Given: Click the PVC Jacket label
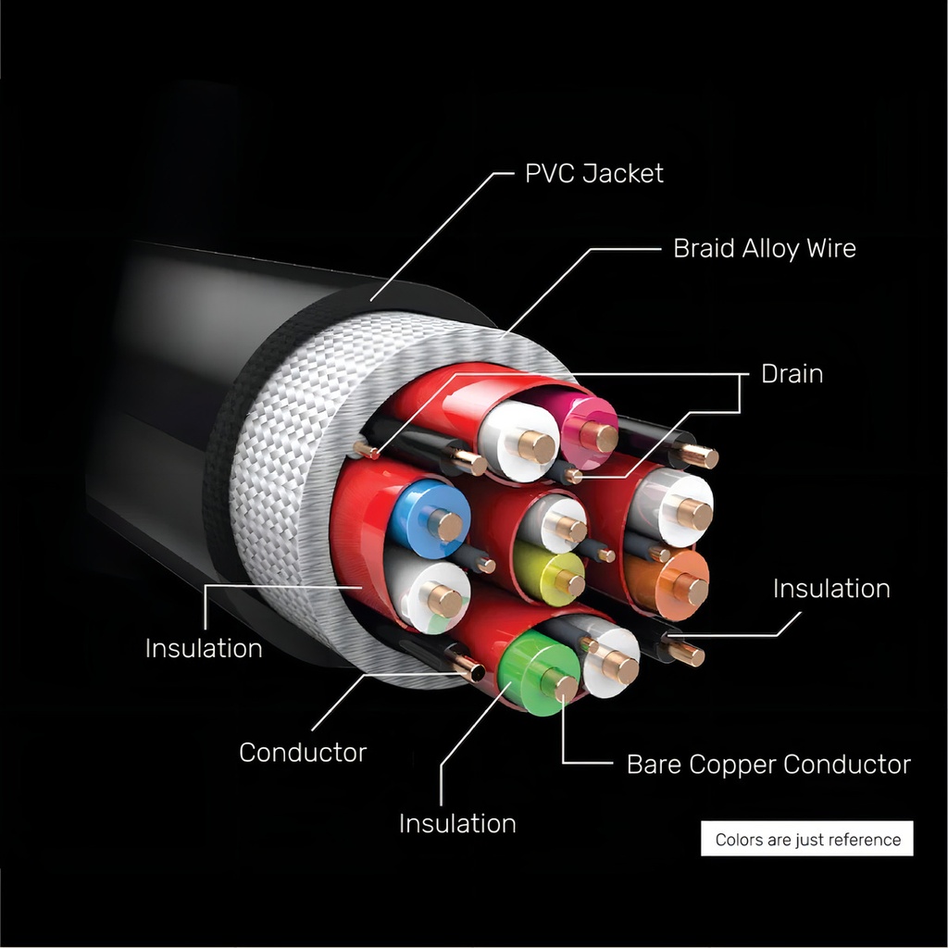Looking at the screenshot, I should coord(593,173).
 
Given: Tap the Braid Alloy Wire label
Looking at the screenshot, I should coord(764,248).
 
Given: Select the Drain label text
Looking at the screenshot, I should coord(792,374).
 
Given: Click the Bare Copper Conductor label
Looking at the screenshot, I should coord(768,765).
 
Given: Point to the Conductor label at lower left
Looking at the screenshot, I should coord(303,753).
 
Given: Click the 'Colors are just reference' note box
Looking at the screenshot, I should coord(807,840).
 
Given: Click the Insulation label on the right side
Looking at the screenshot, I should coord(831,589).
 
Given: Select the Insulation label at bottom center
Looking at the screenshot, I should coord(457,823).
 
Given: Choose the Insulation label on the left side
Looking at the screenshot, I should coord(204,648).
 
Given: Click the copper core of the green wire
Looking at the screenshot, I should coord(559,685).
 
